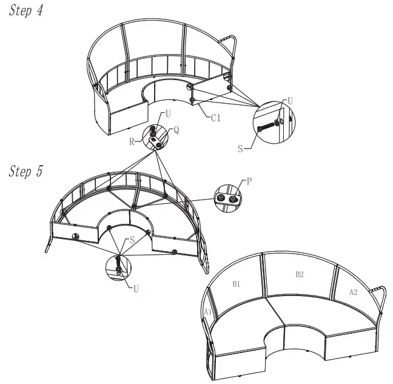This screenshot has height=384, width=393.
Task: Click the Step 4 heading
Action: (26, 12)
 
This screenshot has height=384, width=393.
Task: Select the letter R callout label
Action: (132, 141)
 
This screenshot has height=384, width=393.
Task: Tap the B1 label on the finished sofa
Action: (237, 283)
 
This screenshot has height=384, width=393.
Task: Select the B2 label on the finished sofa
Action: (299, 275)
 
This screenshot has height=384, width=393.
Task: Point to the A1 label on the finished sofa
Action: (207, 312)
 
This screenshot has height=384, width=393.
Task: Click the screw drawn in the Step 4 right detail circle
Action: (267, 127)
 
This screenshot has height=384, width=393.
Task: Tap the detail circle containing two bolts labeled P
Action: (227, 199)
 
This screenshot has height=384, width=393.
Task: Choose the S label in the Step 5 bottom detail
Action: (132, 240)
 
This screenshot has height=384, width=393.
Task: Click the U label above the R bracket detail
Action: (168, 113)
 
